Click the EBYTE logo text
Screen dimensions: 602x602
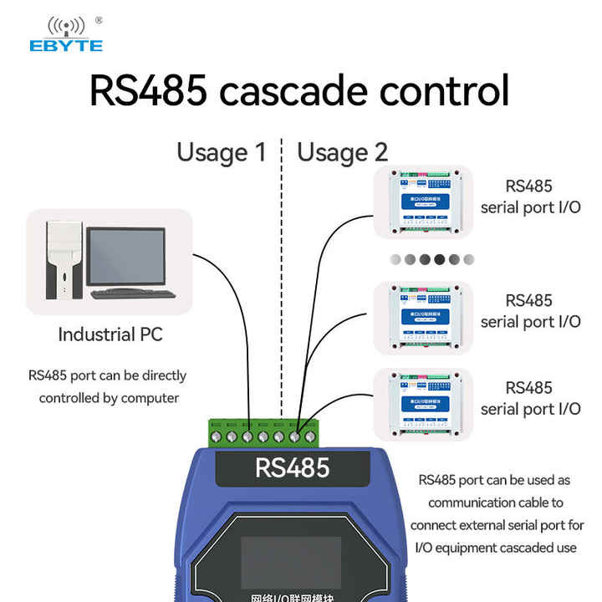(65, 45)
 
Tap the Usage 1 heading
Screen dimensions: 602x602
(221, 152)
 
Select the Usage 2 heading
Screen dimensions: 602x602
(343, 152)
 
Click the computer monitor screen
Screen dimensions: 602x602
(125, 256)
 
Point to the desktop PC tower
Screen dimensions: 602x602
(64, 258)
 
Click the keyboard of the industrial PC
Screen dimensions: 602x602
(133, 293)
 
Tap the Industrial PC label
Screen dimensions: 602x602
(110, 335)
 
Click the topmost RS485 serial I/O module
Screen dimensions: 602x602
(422, 202)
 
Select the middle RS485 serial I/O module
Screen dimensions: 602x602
(422, 317)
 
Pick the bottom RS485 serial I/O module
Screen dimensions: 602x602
(422, 405)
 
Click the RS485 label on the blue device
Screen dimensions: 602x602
(292, 467)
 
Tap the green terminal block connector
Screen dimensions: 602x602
(263, 433)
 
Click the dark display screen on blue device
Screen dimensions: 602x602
(291, 561)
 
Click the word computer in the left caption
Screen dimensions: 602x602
(150, 398)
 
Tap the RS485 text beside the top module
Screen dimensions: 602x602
(529, 186)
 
